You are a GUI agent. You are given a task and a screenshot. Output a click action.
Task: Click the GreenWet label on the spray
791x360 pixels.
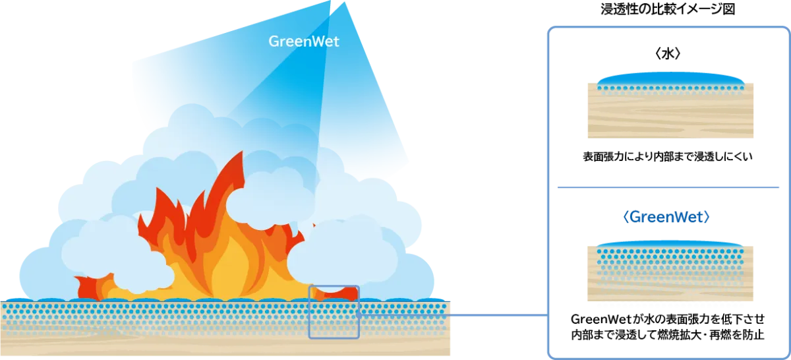point(304,42)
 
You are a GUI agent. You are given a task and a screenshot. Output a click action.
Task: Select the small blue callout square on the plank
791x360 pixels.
point(334,312)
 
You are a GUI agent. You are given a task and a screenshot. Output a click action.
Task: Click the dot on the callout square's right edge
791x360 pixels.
point(359,315)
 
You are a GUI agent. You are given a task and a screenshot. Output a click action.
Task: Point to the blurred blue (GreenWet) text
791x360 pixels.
point(666,216)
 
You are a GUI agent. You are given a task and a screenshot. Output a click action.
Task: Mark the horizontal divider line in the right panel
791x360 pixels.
point(666,187)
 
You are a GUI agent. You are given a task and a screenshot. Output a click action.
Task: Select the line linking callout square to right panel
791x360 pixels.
point(455,315)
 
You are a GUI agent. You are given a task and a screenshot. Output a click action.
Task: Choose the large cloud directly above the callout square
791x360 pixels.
point(343,254)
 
